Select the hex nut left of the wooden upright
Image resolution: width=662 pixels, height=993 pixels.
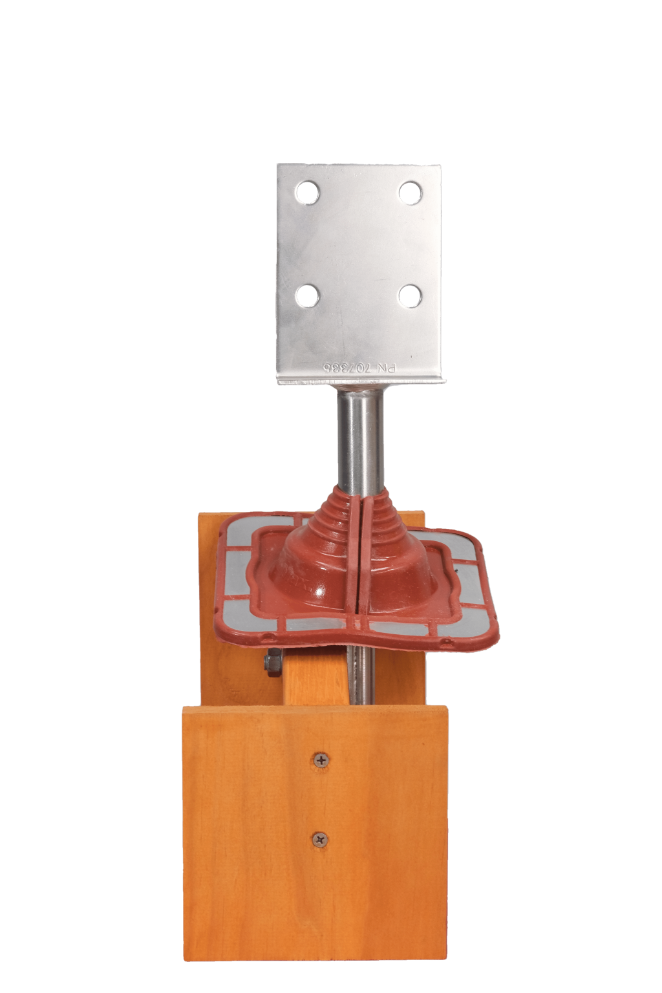click(273, 663)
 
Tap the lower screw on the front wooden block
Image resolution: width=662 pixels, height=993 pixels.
click(321, 838)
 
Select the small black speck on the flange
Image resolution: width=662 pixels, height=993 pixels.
click(456, 571)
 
